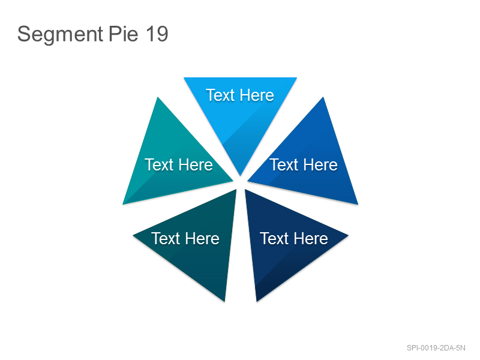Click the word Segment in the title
tap(60, 35)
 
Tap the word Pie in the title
tap(124, 34)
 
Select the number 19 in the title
tap(157, 34)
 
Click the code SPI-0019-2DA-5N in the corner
tap(436, 348)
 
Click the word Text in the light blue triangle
tap(220, 95)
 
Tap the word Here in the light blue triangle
tap(257, 95)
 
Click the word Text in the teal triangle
tap(159, 164)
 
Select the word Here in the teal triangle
tap(196, 164)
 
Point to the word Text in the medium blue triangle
tap(284, 164)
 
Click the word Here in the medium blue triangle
tap(320, 164)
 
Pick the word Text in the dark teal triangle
tap(166, 238)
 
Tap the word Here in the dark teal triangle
tap(202, 238)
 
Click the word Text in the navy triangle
tap(274, 238)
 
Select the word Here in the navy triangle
tap(311, 238)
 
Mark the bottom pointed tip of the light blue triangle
tap(241, 176)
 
